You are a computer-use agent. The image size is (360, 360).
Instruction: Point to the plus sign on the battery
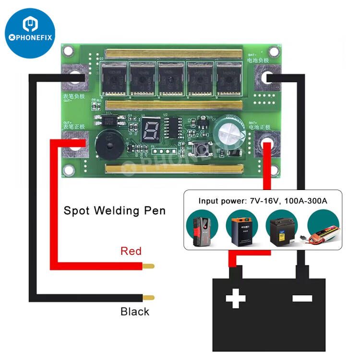coord(235,299)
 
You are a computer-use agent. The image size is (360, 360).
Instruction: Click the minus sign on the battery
coord(302,299)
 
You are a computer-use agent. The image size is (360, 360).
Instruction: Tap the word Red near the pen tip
coord(131,251)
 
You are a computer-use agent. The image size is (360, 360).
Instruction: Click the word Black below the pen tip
coord(135,312)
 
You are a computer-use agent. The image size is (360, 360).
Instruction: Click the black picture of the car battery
coord(282,229)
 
